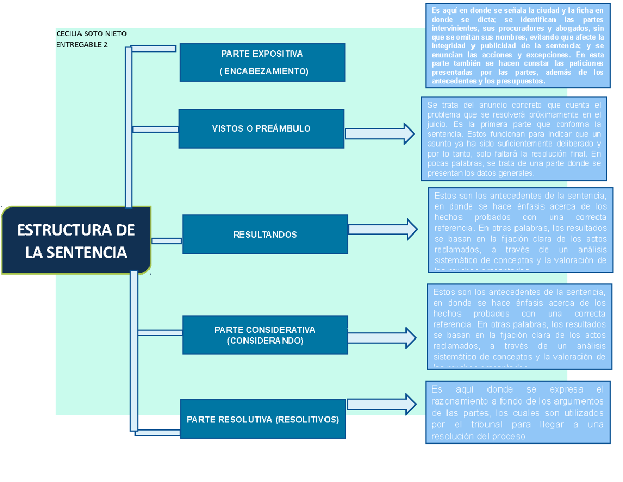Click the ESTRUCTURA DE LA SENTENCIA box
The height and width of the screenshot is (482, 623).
(x=76, y=240)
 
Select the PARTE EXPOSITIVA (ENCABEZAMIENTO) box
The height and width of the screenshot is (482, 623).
(x=262, y=62)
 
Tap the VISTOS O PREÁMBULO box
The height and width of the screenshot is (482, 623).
(x=261, y=128)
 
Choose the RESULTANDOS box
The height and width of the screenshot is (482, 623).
(x=265, y=235)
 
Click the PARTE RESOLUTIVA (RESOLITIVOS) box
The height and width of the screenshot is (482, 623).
(x=263, y=419)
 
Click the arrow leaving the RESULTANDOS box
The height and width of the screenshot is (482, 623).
(x=383, y=229)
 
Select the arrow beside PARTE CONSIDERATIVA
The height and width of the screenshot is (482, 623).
(x=382, y=338)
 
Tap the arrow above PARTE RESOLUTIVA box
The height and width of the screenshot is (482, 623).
(x=382, y=404)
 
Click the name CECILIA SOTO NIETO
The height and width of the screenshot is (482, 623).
(x=91, y=34)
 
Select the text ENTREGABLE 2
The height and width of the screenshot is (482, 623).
(x=82, y=45)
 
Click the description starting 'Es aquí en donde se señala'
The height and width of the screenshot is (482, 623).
(x=517, y=46)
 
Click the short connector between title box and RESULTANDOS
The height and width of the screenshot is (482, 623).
(x=167, y=241)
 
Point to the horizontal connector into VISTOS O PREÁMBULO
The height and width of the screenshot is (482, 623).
(x=155, y=129)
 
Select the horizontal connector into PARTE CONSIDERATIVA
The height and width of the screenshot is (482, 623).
(x=159, y=333)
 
